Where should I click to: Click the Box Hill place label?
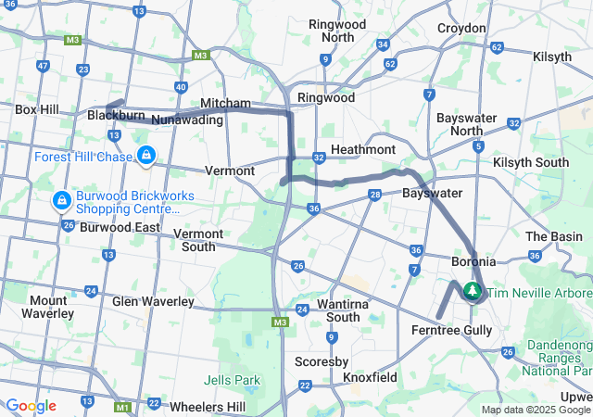point(37,109)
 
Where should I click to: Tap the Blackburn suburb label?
point(116,116)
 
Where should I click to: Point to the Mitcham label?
point(226,103)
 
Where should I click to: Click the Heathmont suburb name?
point(363,149)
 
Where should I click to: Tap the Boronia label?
point(473,262)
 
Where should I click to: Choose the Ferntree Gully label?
point(453,330)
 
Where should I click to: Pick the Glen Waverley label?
point(153,301)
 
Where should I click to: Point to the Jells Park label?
point(232,380)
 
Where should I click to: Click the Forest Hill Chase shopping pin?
point(145,155)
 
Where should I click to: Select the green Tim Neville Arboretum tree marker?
point(473,292)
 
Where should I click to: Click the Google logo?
point(31,406)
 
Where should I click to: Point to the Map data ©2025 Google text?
point(536,410)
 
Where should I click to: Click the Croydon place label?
point(461,29)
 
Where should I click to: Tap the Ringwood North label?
point(337,31)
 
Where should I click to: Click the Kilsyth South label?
point(531,162)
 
